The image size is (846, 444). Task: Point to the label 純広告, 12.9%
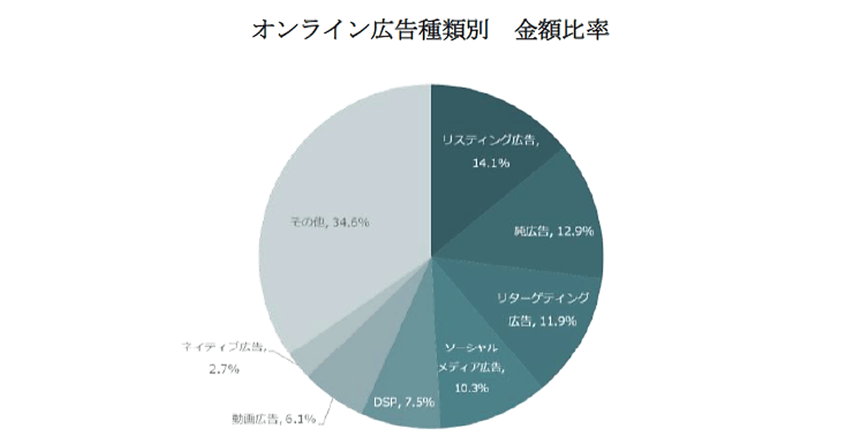554,230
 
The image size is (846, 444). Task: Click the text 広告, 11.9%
542,321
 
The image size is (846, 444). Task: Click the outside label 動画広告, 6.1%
274,419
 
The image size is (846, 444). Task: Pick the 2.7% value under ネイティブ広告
223,368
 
